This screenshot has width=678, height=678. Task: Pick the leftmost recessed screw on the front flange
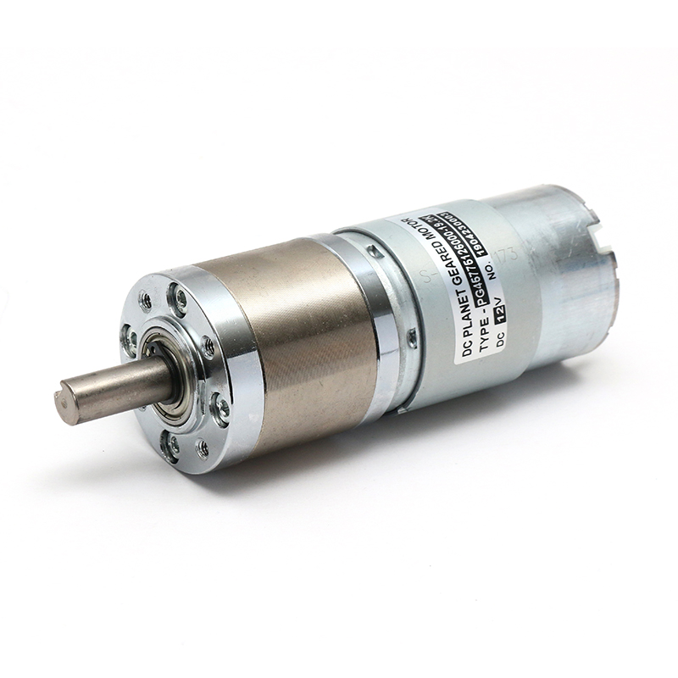[x=130, y=341]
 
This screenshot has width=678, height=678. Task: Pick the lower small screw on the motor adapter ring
[x=413, y=339]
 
